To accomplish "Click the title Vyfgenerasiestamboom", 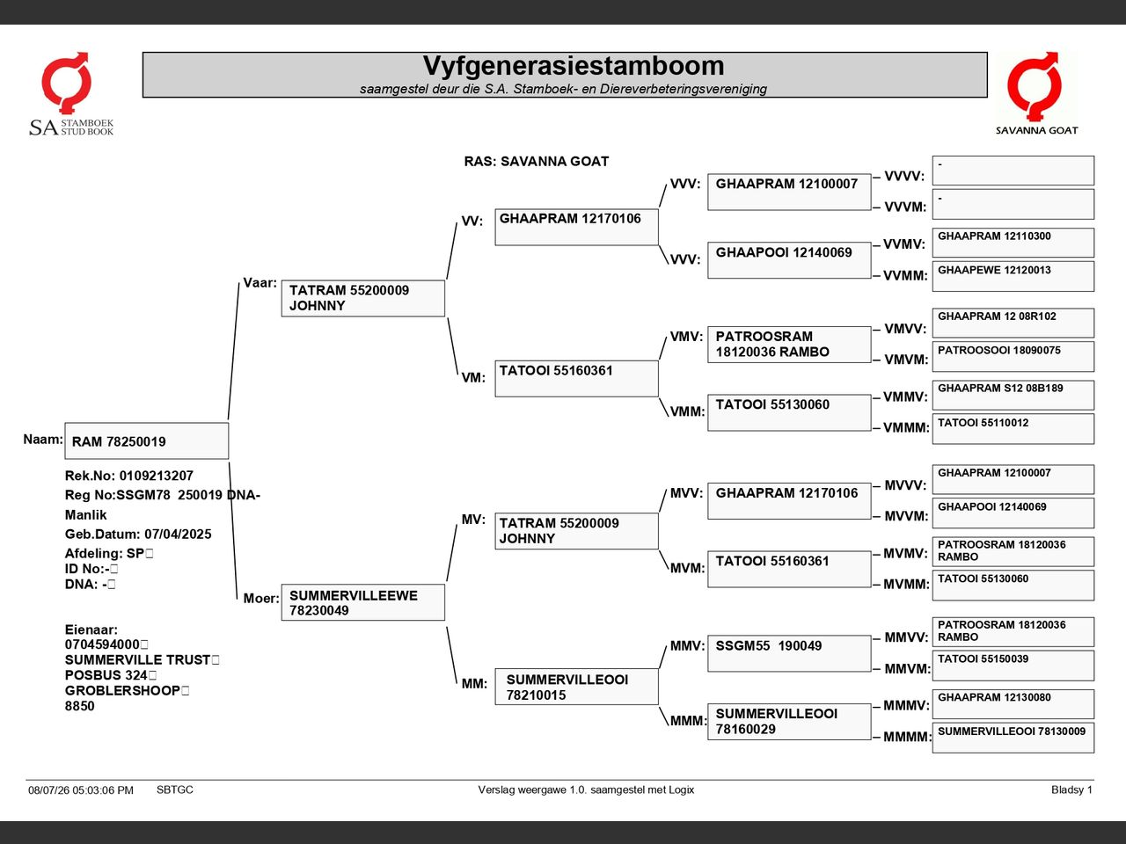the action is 574,66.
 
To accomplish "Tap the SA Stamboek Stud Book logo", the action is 70,94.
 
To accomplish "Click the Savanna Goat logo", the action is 1036,94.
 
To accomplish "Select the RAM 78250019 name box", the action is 147,440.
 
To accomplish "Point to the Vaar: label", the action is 260,283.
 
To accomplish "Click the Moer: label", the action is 261,598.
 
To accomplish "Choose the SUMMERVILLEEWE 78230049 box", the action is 363,602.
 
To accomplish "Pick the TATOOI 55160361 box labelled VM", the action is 576,379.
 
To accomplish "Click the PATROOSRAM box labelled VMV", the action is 789,345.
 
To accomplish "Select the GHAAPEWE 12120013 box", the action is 1013,276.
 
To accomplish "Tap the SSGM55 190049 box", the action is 789,653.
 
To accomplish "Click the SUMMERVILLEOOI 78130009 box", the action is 1013,738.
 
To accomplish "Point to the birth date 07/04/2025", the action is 178,534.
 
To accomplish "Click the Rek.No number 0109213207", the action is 157,476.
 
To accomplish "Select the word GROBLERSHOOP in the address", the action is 122,690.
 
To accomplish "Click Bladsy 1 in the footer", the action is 1071,789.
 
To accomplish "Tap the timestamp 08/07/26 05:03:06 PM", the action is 81,790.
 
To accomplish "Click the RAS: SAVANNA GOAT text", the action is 536,162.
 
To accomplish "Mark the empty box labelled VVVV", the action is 1013,171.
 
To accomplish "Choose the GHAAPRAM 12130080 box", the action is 1013,704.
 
